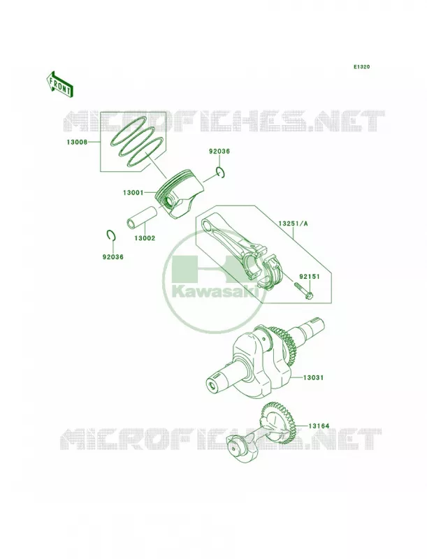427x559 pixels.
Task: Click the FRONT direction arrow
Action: point(59,84)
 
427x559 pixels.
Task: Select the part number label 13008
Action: point(77,143)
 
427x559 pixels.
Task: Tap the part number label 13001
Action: point(133,193)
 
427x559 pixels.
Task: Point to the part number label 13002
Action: point(145,238)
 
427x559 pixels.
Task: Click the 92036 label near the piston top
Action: point(219,151)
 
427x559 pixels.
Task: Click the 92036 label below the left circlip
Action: point(113,256)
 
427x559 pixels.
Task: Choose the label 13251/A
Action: point(293,224)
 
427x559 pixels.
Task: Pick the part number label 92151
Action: point(310,276)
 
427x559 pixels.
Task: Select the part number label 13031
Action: point(313,377)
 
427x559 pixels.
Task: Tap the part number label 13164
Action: point(319,426)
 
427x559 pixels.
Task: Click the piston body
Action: point(178,196)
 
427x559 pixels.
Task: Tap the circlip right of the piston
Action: point(220,172)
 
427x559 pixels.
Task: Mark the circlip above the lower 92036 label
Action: point(111,236)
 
